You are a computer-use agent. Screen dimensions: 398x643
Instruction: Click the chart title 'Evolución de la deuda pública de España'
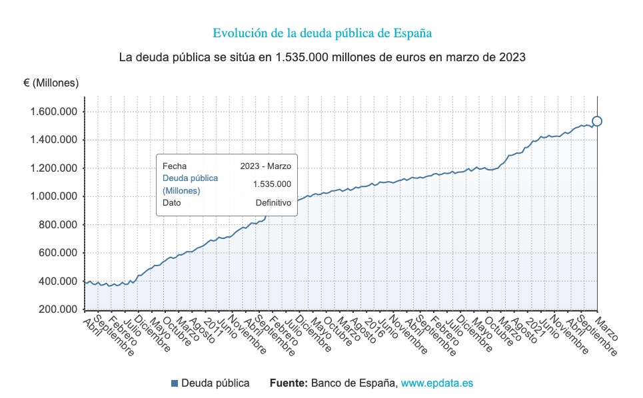tap(322, 33)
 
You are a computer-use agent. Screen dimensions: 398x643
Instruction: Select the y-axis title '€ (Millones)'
tap(51, 83)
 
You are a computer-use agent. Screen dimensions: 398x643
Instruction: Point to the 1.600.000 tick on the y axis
tap(53, 111)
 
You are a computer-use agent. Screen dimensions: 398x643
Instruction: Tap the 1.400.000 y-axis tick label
tap(53, 140)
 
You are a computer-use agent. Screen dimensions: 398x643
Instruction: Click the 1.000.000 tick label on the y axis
tap(53, 196)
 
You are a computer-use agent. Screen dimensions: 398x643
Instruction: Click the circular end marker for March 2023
tap(597, 121)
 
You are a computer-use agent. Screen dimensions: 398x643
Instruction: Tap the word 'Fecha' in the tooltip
tap(175, 166)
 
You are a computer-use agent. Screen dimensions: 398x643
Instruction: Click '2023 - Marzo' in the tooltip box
tap(265, 166)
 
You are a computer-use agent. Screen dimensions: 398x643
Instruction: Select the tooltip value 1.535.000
tap(272, 184)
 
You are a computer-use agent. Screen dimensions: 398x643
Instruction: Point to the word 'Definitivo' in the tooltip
tap(273, 203)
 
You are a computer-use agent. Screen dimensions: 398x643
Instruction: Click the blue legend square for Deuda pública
tap(175, 383)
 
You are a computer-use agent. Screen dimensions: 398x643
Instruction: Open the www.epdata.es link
tap(437, 383)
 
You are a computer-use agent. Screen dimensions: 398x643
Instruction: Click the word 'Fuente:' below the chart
tap(289, 383)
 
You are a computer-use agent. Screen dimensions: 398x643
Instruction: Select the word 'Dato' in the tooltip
tap(172, 203)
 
